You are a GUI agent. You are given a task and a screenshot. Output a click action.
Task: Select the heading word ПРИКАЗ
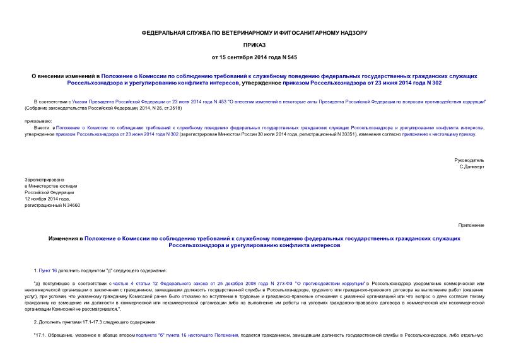(x=254, y=44)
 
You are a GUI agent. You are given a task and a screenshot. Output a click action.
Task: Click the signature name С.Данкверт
(x=472, y=167)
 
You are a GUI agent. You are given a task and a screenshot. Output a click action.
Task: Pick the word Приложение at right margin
(x=471, y=225)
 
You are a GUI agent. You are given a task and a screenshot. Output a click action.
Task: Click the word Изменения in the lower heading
(x=65, y=238)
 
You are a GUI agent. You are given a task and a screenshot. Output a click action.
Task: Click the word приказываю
(x=38, y=120)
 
